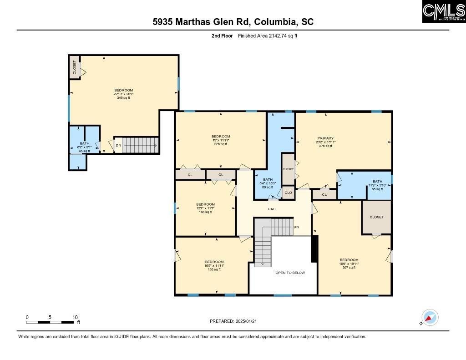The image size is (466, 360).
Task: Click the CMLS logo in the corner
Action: click(x=443, y=12)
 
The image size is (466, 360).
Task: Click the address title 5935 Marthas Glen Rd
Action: click(x=233, y=22)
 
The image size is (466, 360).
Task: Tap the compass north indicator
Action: click(x=429, y=317)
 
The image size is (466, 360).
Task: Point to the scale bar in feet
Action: click(x=51, y=322)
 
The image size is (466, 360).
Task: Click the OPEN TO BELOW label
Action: click(x=290, y=273)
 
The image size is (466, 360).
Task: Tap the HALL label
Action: click(x=272, y=209)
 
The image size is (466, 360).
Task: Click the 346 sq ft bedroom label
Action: click(x=123, y=94)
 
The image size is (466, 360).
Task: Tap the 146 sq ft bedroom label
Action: click(x=205, y=208)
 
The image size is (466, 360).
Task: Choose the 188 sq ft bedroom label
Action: click(x=214, y=265)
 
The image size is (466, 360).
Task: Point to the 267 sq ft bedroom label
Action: click(x=349, y=264)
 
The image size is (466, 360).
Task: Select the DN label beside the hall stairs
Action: click(x=296, y=227)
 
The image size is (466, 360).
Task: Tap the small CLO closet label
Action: click(x=288, y=193)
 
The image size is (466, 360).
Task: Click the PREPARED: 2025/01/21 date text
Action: click(x=233, y=321)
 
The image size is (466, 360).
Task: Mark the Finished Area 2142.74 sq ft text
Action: click(x=268, y=35)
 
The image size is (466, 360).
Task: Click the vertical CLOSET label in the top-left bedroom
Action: click(x=75, y=67)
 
